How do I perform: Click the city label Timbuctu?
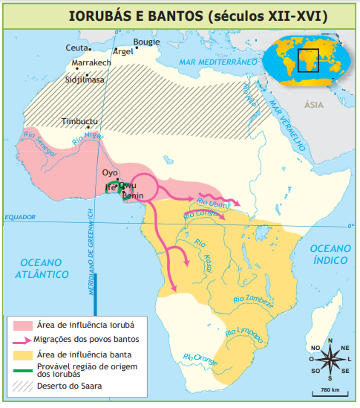(x=79, y=121)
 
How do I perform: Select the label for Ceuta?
(x=77, y=48)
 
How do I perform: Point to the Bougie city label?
(x=146, y=42)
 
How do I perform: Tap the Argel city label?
(x=122, y=52)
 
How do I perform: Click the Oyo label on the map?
(x=110, y=173)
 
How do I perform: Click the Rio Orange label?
(x=201, y=360)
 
